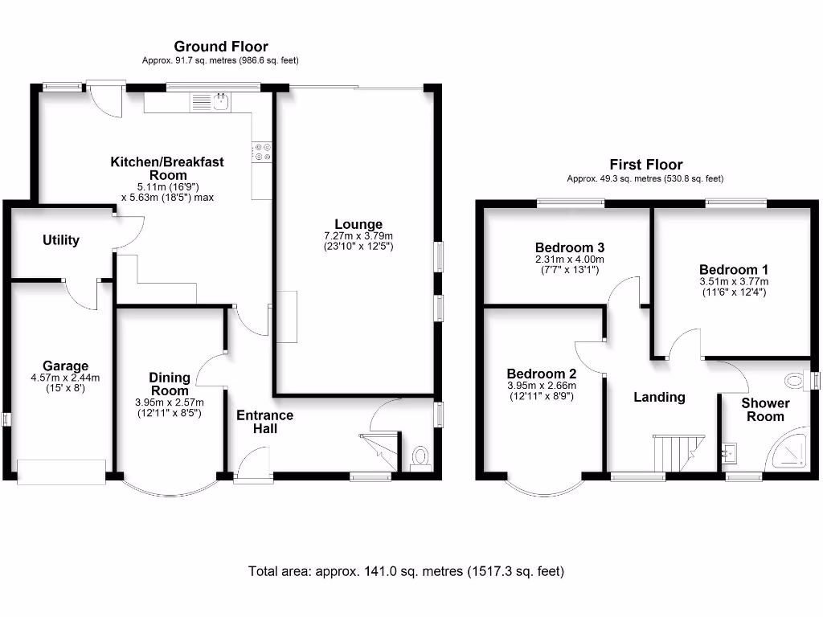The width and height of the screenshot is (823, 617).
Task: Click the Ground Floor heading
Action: point(221,47)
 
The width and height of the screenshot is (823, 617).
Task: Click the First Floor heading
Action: point(645,165)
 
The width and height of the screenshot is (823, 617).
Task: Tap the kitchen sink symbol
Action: point(219,101)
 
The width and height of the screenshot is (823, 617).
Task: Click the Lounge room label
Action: point(358,224)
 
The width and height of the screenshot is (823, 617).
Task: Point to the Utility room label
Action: point(62,239)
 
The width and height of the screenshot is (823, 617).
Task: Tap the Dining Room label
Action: point(170,384)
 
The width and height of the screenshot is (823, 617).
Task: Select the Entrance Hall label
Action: point(264,422)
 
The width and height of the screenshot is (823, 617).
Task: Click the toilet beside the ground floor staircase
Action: point(420,456)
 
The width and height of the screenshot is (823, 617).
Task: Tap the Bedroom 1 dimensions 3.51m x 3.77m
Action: point(733,282)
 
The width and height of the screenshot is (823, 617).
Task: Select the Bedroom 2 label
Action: point(541,374)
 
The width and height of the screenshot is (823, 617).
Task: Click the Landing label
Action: point(659,397)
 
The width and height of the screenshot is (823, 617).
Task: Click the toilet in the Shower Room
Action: point(795,380)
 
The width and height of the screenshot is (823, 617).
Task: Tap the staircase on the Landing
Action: point(678,453)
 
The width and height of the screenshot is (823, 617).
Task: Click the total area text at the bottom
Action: point(407,572)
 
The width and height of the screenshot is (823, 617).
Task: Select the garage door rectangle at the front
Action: point(62,471)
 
